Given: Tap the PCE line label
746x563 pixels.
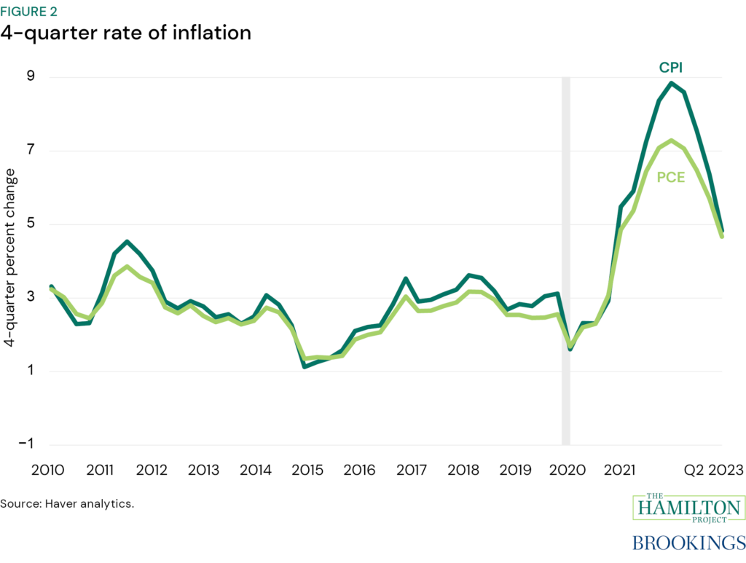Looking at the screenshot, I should pyautogui.click(x=671, y=177).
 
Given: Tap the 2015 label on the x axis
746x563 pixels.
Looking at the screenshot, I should pyautogui.click(x=307, y=470).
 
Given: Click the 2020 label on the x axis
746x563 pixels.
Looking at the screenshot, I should pyautogui.click(x=565, y=470).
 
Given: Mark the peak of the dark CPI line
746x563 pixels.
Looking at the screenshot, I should pyautogui.click(x=670, y=83).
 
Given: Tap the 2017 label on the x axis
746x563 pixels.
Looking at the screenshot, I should pyautogui.click(x=412, y=470).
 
